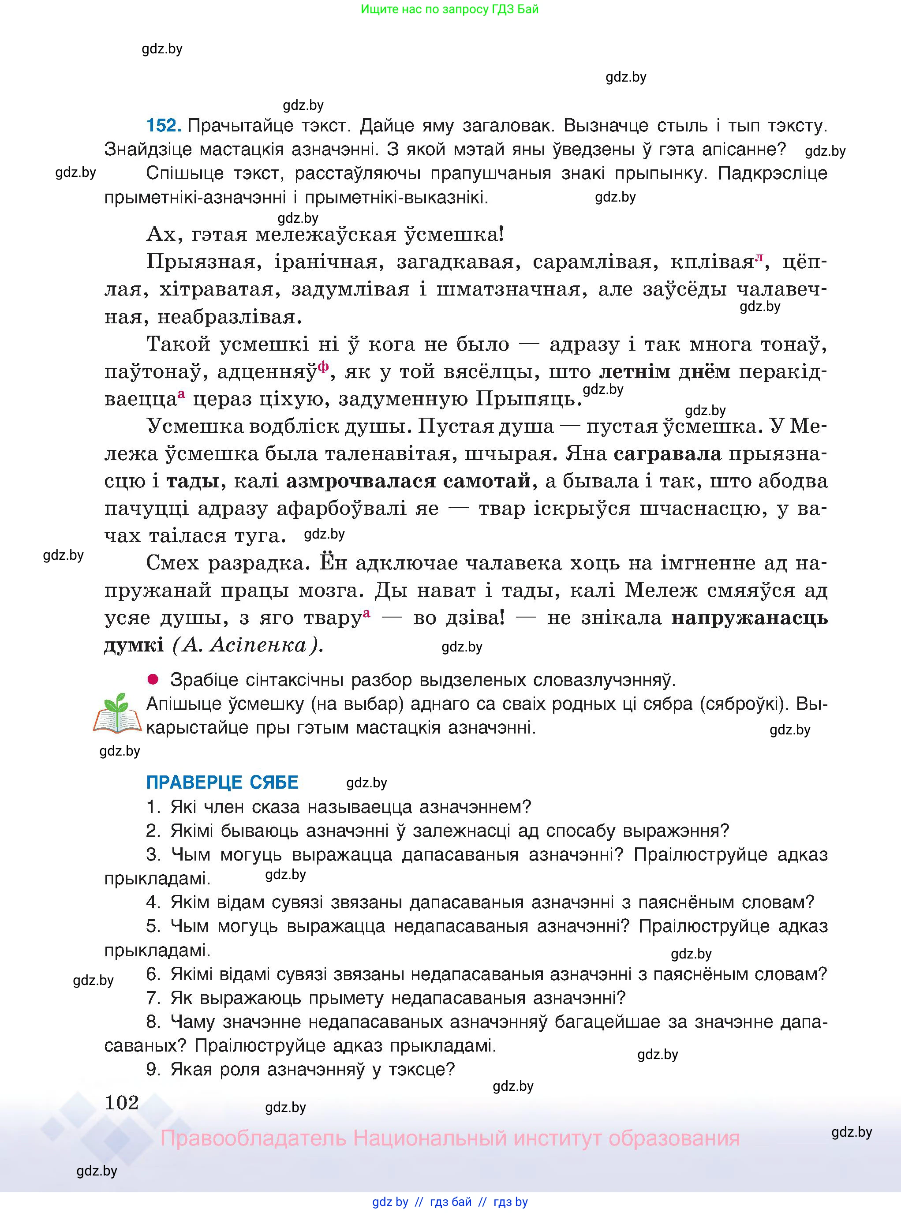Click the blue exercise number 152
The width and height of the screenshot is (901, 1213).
pyautogui.click(x=164, y=126)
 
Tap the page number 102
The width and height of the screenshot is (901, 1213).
pyautogui.click(x=122, y=1102)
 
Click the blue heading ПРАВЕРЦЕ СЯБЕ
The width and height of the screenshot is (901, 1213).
pyautogui.click(x=222, y=782)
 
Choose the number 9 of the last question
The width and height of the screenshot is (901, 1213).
pyautogui.click(x=153, y=1069)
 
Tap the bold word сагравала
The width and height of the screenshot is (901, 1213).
pyautogui.click(x=667, y=454)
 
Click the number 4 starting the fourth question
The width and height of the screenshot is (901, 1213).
pyautogui.click(x=153, y=902)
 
